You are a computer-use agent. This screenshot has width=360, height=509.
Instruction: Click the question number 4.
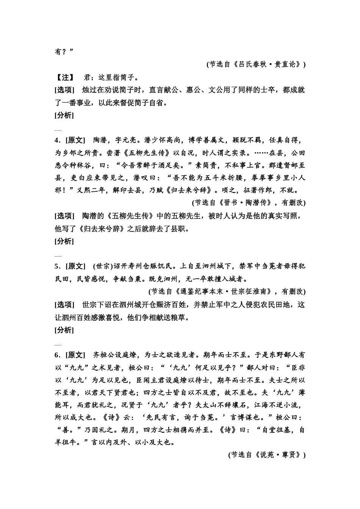(x=56, y=140)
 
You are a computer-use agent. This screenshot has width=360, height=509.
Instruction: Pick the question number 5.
(x=56, y=266)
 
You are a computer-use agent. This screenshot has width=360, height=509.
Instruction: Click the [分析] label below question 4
(x=64, y=241)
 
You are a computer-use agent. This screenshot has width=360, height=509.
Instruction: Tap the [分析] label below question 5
(x=64, y=330)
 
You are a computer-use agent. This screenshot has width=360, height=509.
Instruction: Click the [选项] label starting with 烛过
(x=64, y=90)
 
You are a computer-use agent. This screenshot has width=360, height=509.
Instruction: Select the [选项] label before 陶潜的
(x=64, y=216)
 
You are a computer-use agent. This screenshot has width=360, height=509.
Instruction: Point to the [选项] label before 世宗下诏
(x=64, y=304)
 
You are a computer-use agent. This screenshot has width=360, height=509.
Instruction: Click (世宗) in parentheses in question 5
(x=103, y=266)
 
